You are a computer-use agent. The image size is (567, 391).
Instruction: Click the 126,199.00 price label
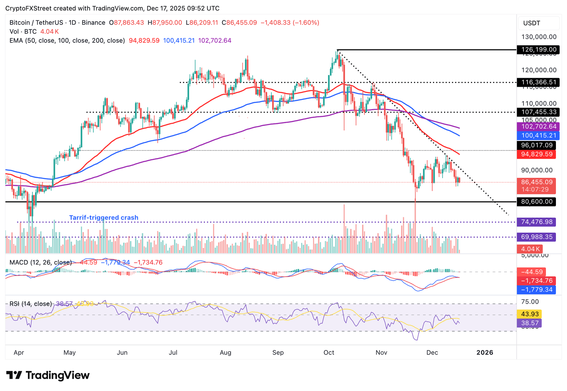point(538,49)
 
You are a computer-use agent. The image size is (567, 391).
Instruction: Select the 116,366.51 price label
point(538,82)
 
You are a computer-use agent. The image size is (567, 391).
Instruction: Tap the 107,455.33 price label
point(538,112)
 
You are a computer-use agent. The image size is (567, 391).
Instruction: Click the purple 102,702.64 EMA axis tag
point(538,127)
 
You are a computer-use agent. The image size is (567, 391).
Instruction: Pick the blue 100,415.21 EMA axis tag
point(538,136)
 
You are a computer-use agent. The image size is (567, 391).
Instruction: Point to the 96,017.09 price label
point(538,145)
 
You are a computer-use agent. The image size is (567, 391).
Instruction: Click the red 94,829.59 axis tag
point(538,154)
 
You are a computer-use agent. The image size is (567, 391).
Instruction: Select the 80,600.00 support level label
point(538,202)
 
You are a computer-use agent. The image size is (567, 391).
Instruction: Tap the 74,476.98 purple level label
point(538,222)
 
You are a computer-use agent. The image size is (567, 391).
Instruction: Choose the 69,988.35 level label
point(538,237)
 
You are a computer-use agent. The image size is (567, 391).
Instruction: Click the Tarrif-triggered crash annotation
point(104,218)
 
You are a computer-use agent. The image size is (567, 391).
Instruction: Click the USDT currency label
point(532,23)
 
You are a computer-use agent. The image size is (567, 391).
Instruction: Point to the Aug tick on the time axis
point(225,353)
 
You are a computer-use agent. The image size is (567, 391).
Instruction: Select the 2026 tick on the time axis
point(485,353)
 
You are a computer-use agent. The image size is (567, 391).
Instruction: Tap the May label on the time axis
point(69,353)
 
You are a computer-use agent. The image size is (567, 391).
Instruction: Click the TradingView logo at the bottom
point(48,376)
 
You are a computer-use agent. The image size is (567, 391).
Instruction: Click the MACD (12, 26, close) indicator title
point(41,263)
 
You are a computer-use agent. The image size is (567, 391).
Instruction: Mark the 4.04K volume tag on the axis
point(530,249)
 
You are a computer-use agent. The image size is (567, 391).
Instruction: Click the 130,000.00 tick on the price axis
point(539,37)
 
